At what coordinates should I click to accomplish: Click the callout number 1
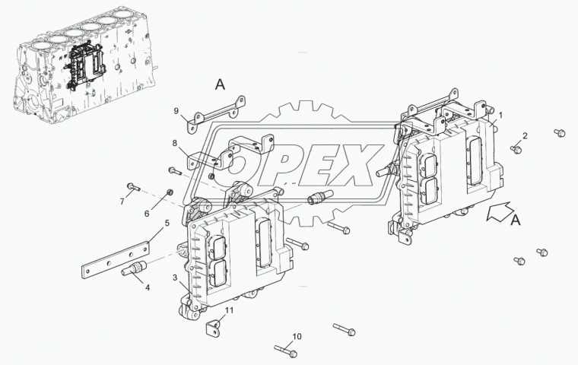click(x=500, y=116)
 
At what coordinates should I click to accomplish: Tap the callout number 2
click(x=525, y=135)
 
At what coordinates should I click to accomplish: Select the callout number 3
click(x=175, y=277)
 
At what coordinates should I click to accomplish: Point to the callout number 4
click(x=148, y=287)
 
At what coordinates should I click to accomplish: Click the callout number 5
click(x=167, y=223)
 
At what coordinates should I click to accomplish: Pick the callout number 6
click(x=147, y=214)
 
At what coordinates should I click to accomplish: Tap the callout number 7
click(x=122, y=202)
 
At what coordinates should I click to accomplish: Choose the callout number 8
click(x=175, y=143)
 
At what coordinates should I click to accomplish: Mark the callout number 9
click(x=176, y=110)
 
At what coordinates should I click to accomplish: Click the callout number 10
click(x=297, y=336)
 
